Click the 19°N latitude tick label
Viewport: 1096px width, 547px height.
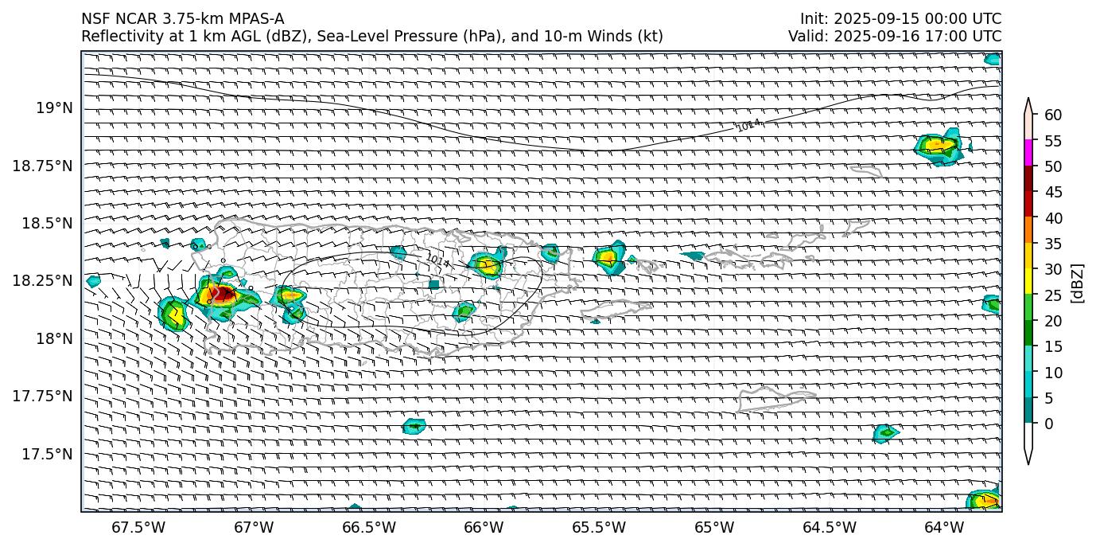(x=56, y=107)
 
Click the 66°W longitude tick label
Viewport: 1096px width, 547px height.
(x=484, y=527)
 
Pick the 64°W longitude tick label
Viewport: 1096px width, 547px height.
(x=944, y=527)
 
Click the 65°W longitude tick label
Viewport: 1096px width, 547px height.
(x=714, y=527)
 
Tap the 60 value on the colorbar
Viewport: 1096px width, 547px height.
(x=1052, y=115)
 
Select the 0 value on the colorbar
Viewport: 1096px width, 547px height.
(x=1048, y=424)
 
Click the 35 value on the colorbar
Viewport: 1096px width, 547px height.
(x=1052, y=244)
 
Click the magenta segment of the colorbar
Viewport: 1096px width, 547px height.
(x=1028, y=153)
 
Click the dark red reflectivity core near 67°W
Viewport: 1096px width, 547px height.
(x=223, y=295)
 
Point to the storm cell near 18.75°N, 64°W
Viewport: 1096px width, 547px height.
(x=939, y=147)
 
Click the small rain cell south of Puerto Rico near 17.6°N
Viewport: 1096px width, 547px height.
(x=414, y=426)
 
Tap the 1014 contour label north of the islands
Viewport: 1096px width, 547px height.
(x=748, y=124)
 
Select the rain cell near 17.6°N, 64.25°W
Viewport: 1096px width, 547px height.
(x=885, y=433)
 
